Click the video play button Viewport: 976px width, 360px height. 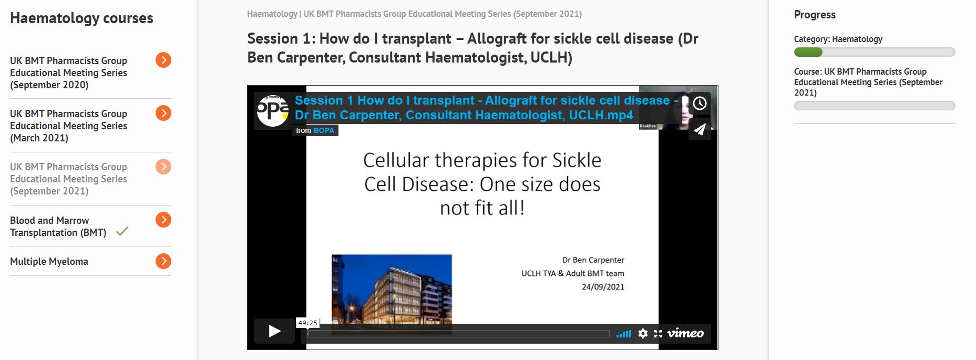[274, 331]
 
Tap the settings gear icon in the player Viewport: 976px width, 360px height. [643, 333]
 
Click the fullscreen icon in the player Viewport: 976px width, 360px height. [658, 334]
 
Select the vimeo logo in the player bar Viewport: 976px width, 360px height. [685, 333]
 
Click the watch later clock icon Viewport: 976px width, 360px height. [700, 103]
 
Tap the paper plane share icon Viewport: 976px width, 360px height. [700, 129]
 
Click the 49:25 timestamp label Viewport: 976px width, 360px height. [307, 323]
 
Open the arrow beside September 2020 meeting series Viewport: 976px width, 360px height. [163, 60]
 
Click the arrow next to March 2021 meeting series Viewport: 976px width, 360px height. [163, 113]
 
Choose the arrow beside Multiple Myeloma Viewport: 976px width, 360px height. [163, 261]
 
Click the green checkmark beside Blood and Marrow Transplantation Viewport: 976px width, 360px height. [122, 231]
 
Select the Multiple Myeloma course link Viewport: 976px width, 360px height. [49, 261]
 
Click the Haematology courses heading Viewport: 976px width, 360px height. [81, 18]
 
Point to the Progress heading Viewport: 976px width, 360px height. [815, 15]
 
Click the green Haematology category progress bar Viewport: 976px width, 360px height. [808, 52]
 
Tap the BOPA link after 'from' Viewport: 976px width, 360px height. [324, 130]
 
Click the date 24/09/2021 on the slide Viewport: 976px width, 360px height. [603, 287]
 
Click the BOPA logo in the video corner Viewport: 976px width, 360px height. [272, 110]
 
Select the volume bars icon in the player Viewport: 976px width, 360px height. [624, 334]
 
